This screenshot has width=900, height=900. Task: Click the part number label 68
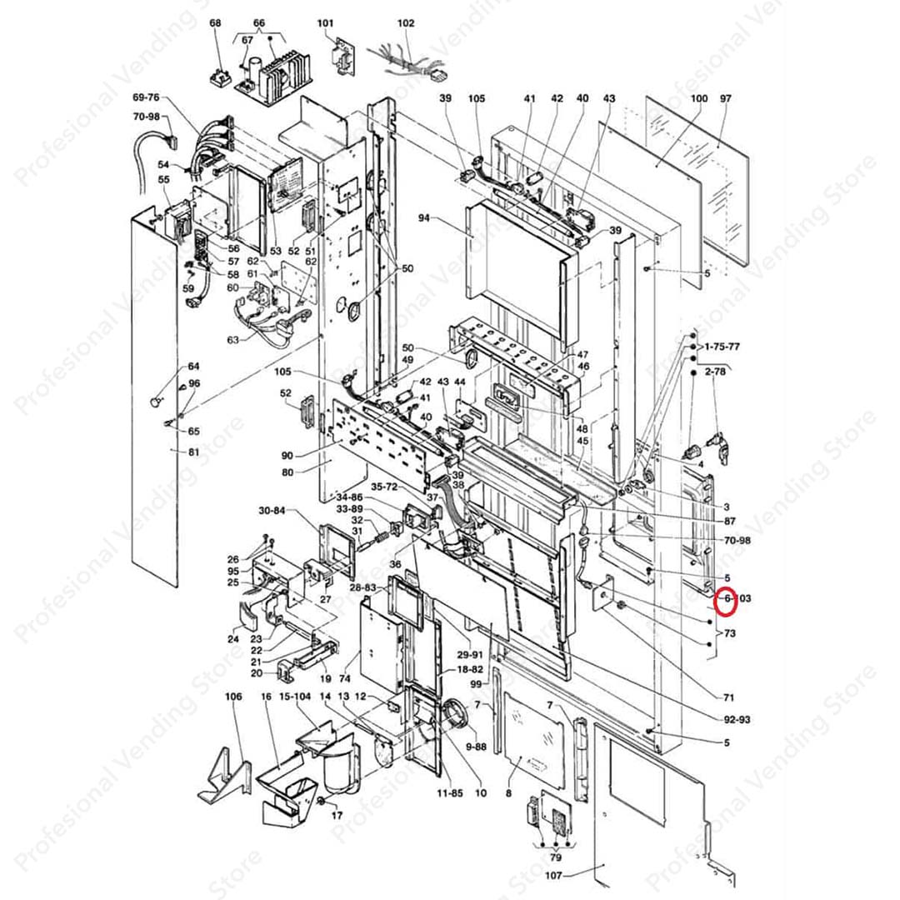coord(216,23)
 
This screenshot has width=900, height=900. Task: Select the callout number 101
coord(325,23)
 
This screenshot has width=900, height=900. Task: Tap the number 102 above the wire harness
coord(406,23)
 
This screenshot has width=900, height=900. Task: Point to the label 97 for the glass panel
coord(725,98)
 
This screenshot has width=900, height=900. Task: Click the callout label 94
coord(424,218)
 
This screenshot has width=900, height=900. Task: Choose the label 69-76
coord(146,97)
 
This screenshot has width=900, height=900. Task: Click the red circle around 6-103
coord(727,599)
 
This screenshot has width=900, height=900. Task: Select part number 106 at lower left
coord(233,696)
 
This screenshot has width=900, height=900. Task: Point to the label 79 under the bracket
coord(556,857)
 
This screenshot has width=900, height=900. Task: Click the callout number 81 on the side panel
coord(193,452)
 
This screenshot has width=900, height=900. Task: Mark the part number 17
coord(337,814)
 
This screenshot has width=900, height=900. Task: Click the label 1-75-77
coord(722,345)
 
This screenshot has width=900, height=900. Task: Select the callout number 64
coord(193,367)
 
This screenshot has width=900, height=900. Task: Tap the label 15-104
coord(294,696)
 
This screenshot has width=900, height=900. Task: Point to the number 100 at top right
coord(699,98)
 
